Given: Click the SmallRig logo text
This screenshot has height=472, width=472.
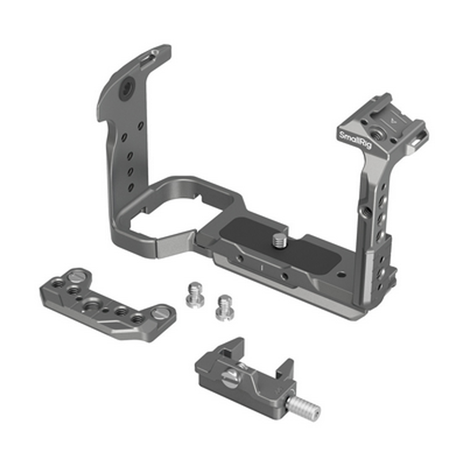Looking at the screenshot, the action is (x=355, y=140).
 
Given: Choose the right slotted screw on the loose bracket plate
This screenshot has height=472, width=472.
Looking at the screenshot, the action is (x=159, y=313).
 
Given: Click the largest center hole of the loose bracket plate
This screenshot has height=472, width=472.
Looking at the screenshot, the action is (x=92, y=306).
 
